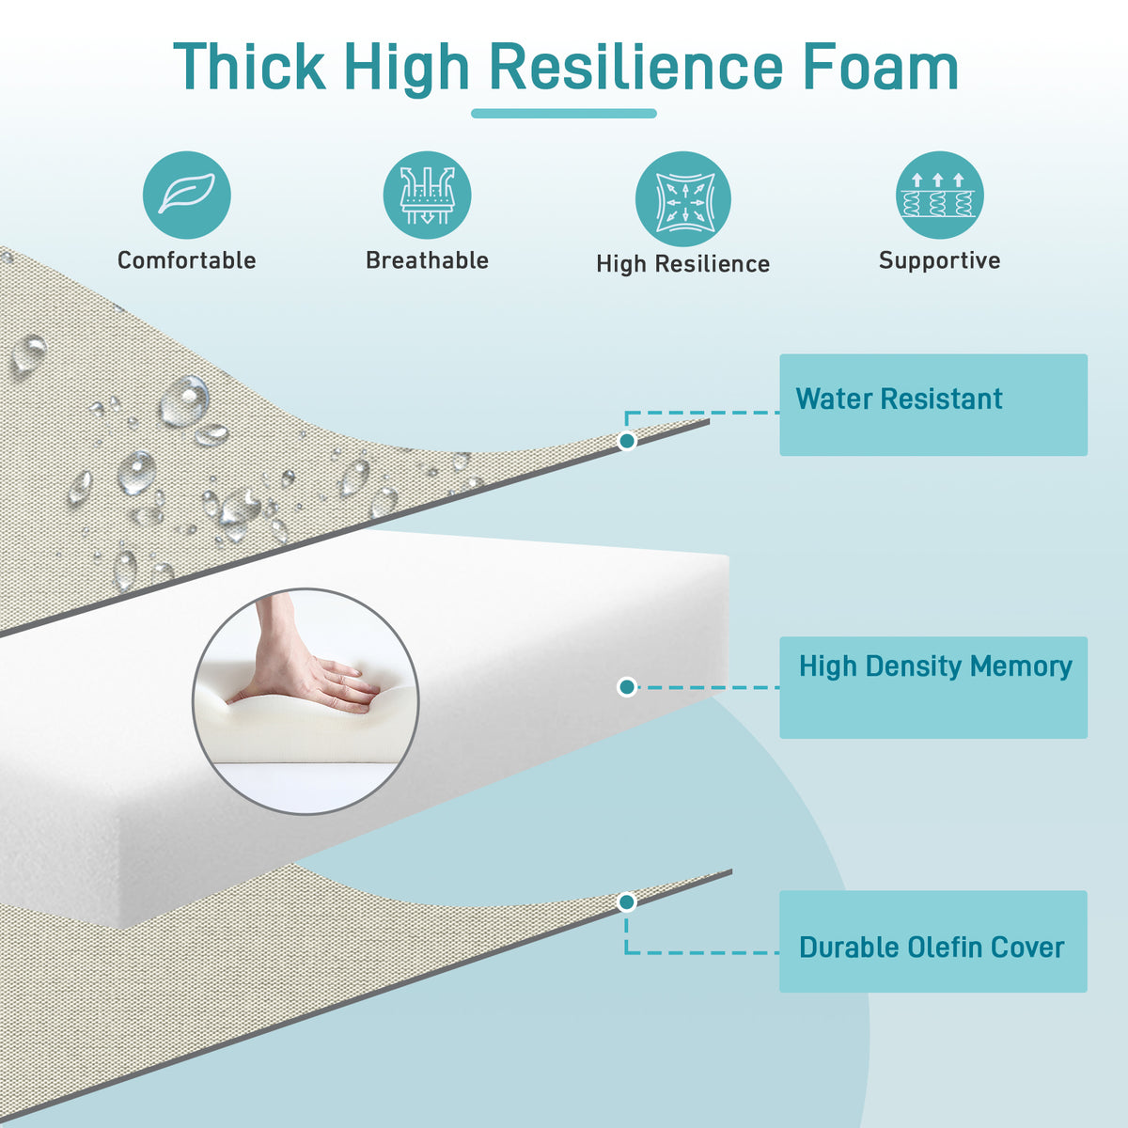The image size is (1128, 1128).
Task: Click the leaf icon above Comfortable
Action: click(x=187, y=195)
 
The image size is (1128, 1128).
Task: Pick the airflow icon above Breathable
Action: click(x=428, y=195)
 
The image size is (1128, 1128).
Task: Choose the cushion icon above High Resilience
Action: click(x=683, y=199)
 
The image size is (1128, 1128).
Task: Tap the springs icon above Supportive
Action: click(x=939, y=195)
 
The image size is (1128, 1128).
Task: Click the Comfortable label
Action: click(x=187, y=260)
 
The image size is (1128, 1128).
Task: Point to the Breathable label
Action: click(x=428, y=260)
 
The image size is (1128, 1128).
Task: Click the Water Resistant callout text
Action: click(x=900, y=399)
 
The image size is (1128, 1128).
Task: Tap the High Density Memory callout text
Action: click(x=935, y=666)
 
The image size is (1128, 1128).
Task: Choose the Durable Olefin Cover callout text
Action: click(x=932, y=948)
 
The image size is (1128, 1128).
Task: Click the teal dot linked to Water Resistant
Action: click(x=627, y=440)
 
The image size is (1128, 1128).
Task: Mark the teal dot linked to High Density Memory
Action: click(x=627, y=686)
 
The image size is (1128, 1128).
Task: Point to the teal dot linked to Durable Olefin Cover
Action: click(x=627, y=902)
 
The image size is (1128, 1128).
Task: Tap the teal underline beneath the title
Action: click(x=564, y=114)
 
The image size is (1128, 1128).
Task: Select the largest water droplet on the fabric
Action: click(x=184, y=401)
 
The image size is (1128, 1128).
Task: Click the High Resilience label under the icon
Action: click(x=683, y=264)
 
